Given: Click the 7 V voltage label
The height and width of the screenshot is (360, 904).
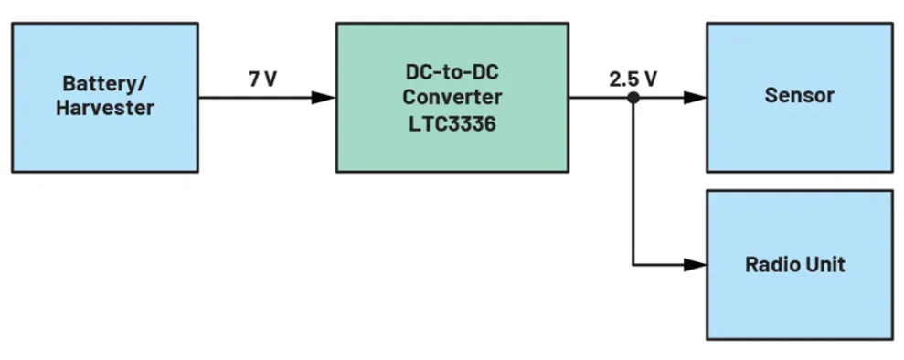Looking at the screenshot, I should click(x=261, y=79).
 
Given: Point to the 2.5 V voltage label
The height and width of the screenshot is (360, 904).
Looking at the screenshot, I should click(x=633, y=79).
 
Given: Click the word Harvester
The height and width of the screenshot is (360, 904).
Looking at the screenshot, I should click(x=104, y=109).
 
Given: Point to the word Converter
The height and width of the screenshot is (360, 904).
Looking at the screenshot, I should click(x=452, y=97).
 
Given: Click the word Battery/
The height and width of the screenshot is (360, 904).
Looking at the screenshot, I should click(x=104, y=85).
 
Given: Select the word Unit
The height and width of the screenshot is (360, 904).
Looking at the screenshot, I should click(x=827, y=266).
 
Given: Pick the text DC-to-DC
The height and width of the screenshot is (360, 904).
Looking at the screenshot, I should click(x=452, y=72).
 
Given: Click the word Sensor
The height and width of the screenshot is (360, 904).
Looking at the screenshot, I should click(x=799, y=96).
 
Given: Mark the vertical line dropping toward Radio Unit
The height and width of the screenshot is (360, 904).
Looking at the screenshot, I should click(x=633, y=183).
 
